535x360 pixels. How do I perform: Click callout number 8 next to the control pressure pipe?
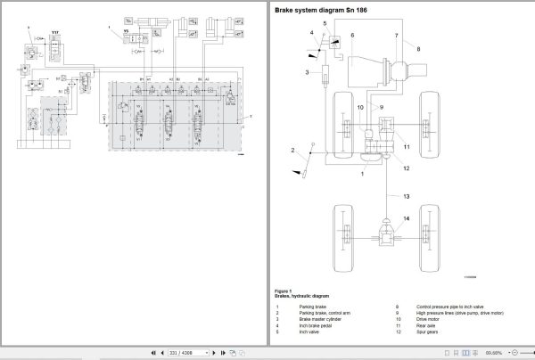417,50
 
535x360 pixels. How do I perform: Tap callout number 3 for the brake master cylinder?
307,71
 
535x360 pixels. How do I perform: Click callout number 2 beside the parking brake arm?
292,150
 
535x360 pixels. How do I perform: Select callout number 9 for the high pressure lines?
382,107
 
